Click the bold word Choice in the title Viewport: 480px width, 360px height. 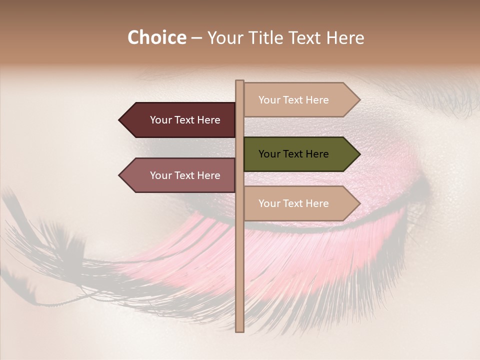point(156,37)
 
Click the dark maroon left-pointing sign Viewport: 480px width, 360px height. point(177,120)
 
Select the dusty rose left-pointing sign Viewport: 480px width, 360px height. point(177,175)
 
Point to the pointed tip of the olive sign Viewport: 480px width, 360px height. point(359,154)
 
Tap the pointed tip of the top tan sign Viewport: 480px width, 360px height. point(359,100)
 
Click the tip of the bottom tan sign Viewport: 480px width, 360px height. point(359,203)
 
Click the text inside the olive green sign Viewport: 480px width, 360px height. point(293,154)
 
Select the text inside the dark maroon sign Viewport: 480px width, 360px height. point(185,120)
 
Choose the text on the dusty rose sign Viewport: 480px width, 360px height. point(185,175)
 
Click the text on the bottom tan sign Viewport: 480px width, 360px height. point(293,203)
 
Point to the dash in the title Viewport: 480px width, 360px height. point(196,38)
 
